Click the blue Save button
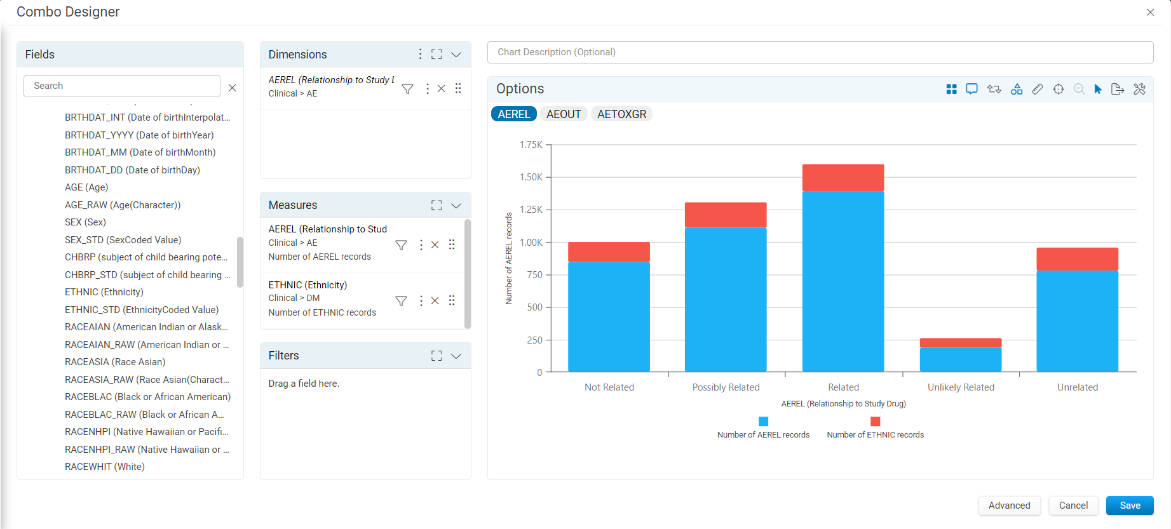(1130, 506)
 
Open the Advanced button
(1009, 506)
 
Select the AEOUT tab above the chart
(564, 114)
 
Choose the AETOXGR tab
(621, 114)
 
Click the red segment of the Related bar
(843, 178)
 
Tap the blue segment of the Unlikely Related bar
(961, 360)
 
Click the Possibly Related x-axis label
(726, 387)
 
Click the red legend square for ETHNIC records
(875, 422)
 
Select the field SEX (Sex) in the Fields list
(85, 222)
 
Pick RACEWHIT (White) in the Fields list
(105, 467)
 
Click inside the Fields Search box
(122, 86)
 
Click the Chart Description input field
(820, 52)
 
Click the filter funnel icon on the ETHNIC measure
(401, 300)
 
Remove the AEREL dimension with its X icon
(441, 89)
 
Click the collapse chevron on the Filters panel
(456, 356)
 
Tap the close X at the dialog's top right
(1150, 12)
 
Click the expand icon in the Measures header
(437, 205)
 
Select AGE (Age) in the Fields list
(86, 187)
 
